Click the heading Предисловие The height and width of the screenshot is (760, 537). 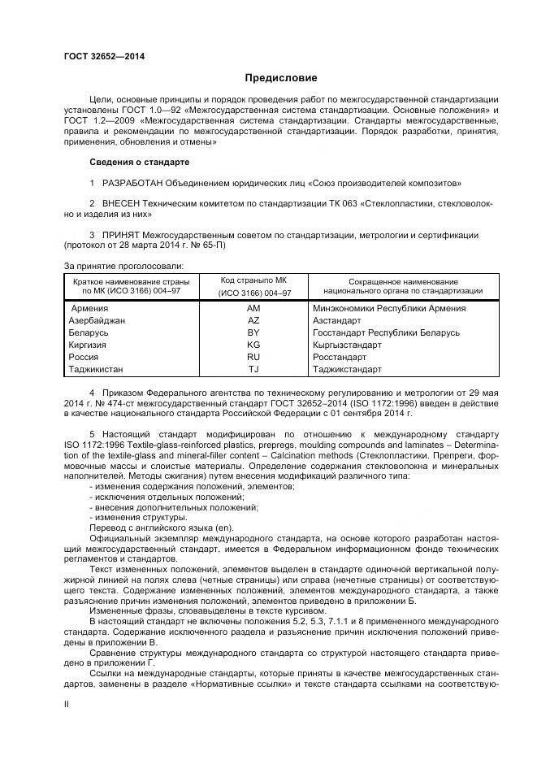pyautogui.click(x=281, y=78)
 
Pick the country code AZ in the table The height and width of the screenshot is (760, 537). pyautogui.click(x=253, y=321)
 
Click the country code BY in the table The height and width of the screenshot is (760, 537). pyautogui.click(x=253, y=333)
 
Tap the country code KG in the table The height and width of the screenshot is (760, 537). pyautogui.click(x=253, y=345)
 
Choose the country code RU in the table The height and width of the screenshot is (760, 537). pyautogui.click(x=253, y=357)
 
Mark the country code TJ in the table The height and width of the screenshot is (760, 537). pyautogui.click(x=253, y=369)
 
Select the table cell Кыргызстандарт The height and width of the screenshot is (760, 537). pyautogui.click(x=346, y=345)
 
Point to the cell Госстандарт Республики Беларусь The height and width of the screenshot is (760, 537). pyautogui.click(x=386, y=333)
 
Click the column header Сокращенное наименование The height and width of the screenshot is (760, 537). pyautogui.click(x=403, y=280)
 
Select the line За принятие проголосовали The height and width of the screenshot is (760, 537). pyautogui.click(x=123, y=265)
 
